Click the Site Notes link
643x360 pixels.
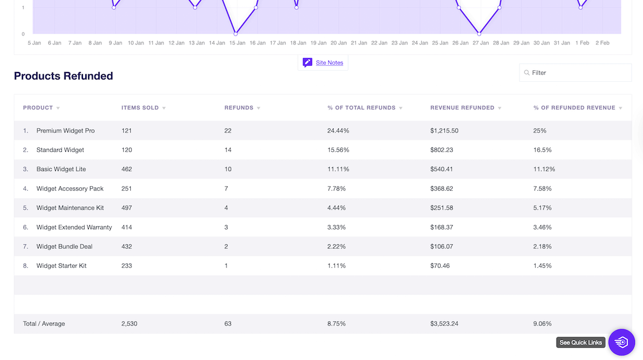pos(329,63)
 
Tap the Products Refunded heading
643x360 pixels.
pos(63,76)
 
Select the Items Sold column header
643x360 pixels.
pos(139,108)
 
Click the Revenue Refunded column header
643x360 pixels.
pos(462,108)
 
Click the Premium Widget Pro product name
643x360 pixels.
pos(65,131)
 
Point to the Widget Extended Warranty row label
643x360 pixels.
pos(74,228)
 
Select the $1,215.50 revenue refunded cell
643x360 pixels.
pos(444,131)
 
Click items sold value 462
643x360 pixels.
pos(127,169)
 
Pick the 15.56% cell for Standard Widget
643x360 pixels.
pos(338,150)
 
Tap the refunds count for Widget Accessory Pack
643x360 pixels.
pos(226,189)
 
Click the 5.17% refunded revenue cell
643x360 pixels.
pos(542,208)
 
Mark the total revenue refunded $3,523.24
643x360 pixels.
pos(444,324)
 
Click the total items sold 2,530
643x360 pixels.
pos(129,324)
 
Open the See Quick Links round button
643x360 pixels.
pos(621,342)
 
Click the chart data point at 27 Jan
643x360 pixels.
pos(479,33)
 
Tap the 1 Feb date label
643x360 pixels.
pos(581,43)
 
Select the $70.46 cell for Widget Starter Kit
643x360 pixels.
pos(440,266)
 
